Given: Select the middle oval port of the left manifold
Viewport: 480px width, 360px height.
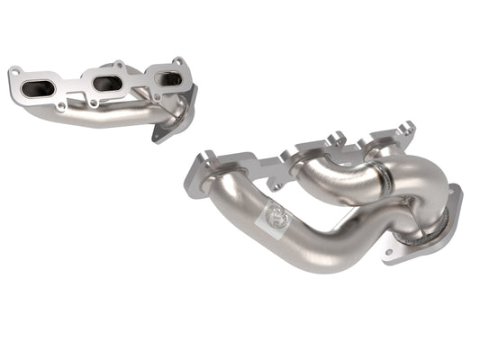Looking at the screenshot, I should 107,83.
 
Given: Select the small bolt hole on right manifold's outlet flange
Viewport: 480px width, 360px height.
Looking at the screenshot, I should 389,253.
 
